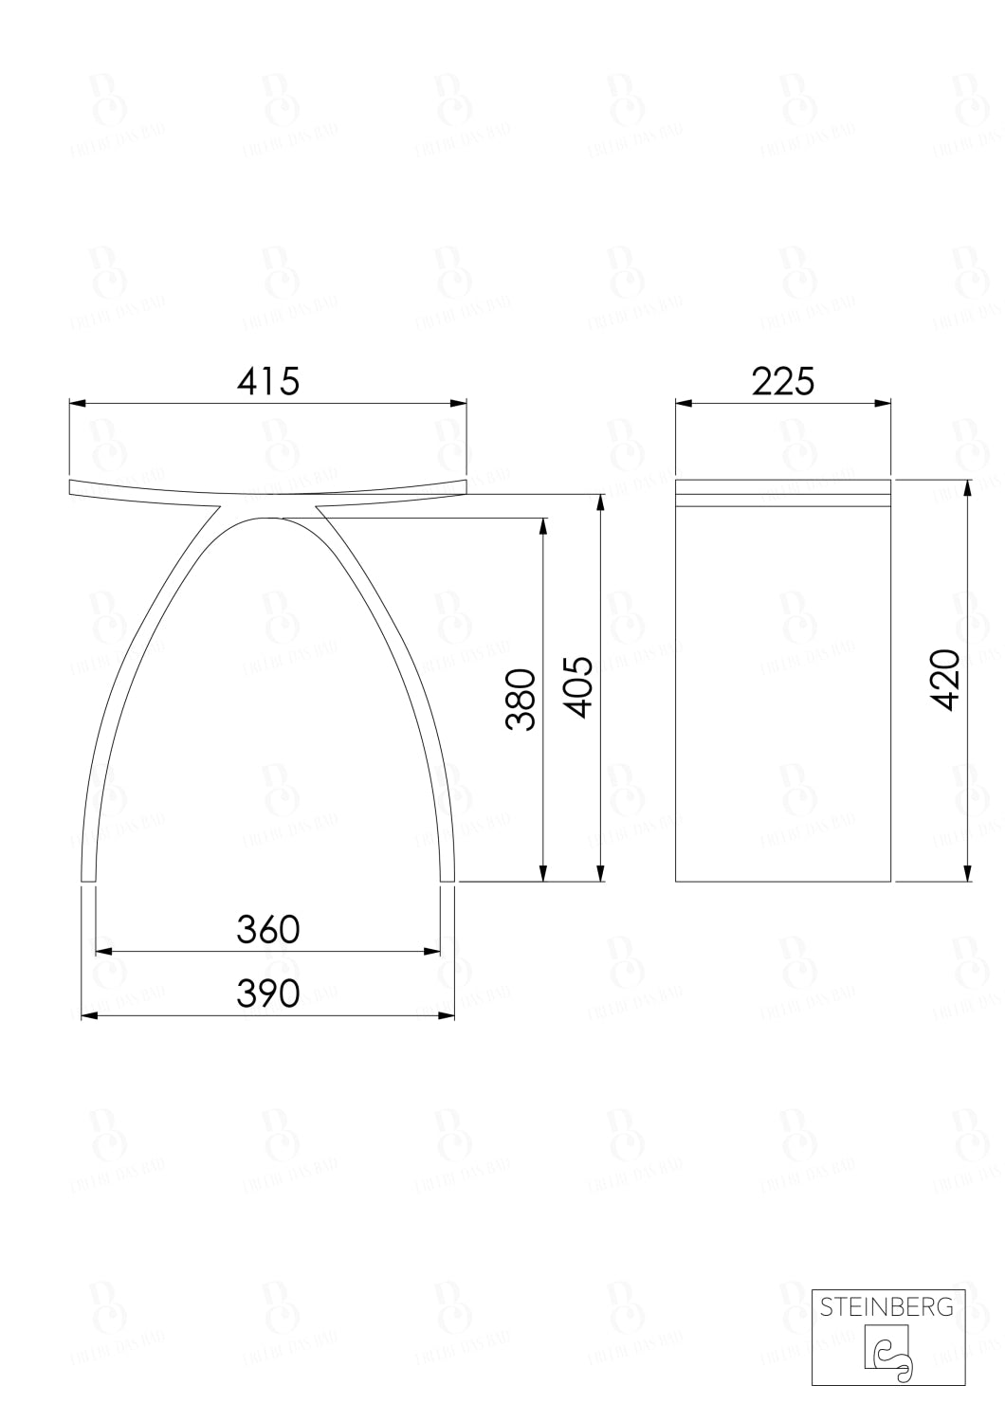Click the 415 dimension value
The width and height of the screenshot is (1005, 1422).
click(x=268, y=381)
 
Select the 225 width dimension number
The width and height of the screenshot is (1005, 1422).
click(x=783, y=381)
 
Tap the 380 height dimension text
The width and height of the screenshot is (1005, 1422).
click(x=521, y=700)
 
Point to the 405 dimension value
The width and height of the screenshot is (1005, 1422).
click(x=577, y=686)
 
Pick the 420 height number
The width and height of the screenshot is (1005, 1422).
click(x=945, y=680)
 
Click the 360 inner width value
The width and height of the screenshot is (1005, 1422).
click(x=268, y=930)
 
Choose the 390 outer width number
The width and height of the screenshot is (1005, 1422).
click(x=268, y=993)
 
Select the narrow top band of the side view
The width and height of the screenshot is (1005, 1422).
click(x=783, y=494)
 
